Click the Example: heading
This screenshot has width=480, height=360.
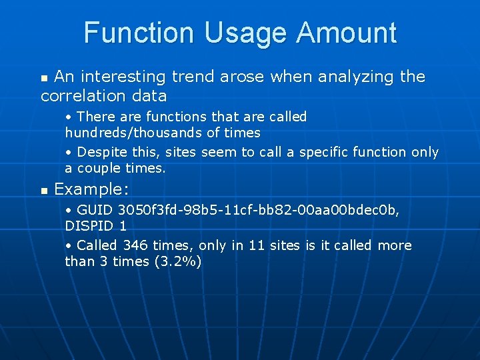coord(91,189)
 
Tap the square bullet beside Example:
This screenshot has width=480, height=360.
coord(44,191)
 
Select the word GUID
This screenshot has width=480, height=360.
coord(95,210)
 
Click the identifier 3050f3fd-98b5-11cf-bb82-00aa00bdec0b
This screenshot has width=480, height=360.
coord(259,210)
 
